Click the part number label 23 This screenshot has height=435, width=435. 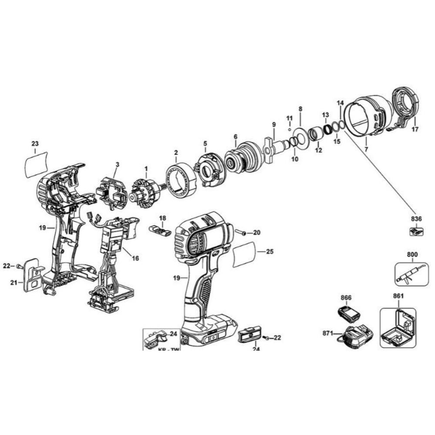35,144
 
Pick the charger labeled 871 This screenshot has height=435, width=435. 358,337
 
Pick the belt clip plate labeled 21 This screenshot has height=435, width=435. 33,275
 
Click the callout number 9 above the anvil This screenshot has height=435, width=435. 274,125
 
